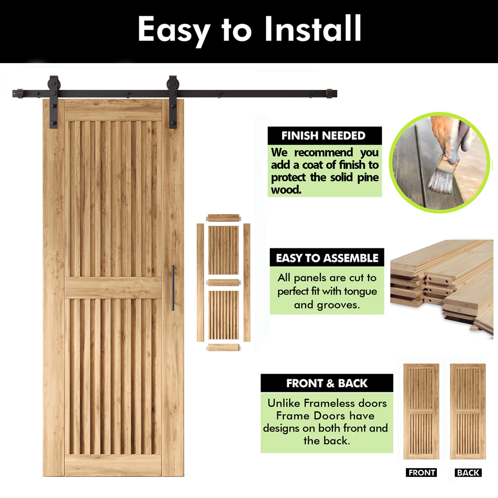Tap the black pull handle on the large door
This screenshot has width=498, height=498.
tap(173, 288)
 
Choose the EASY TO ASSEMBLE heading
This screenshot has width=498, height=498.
tap(327, 258)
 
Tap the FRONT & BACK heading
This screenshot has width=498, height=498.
tap(327, 383)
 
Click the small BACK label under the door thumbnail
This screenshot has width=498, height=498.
tap(468, 473)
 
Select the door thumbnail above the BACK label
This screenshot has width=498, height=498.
tap(468, 411)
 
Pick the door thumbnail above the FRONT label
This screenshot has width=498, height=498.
tap(421, 411)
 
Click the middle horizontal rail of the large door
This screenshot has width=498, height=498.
tap(113, 288)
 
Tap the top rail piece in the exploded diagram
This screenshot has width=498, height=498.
tap(224, 218)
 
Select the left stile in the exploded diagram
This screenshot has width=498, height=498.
tap(200, 283)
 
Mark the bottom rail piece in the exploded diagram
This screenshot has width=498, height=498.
tap(224, 347)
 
